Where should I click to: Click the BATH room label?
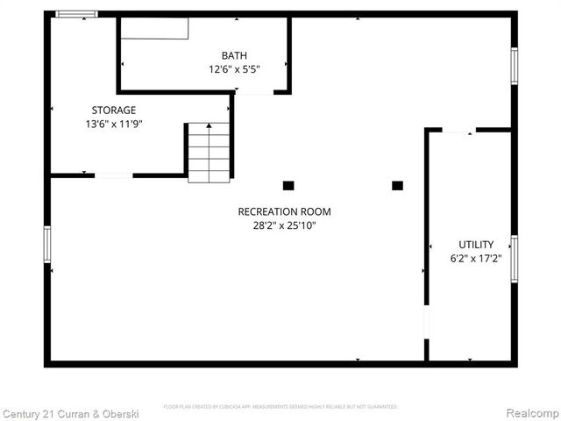pyautogui.click(x=234, y=55)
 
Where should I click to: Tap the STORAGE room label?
pyautogui.click(x=114, y=111)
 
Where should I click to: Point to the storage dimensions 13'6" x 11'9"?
pyautogui.click(x=114, y=124)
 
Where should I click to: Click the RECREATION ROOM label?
pyautogui.click(x=285, y=211)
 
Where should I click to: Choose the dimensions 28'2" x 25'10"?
pyautogui.click(x=285, y=225)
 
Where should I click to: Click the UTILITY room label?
pyautogui.click(x=476, y=245)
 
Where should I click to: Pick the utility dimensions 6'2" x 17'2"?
pyautogui.click(x=476, y=259)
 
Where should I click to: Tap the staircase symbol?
pyautogui.click(x=209, y=152)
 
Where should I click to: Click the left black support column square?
pyautogui.click(x=288, y=185)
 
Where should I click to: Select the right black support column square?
pyautogui.click(x=397, y=185)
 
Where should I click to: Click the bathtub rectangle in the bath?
pyautogui.click(x=154, y=28)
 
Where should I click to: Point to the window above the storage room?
pyautogui.click(x=76, y=14)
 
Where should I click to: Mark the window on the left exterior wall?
pyautogui.click(x=47, y=245)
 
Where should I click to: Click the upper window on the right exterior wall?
pyautogui.click(x=515, y=66)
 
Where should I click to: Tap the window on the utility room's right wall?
pyautogui.click(x=515, y=259)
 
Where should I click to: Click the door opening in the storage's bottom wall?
pyautogui.click(x=113, y=176)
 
